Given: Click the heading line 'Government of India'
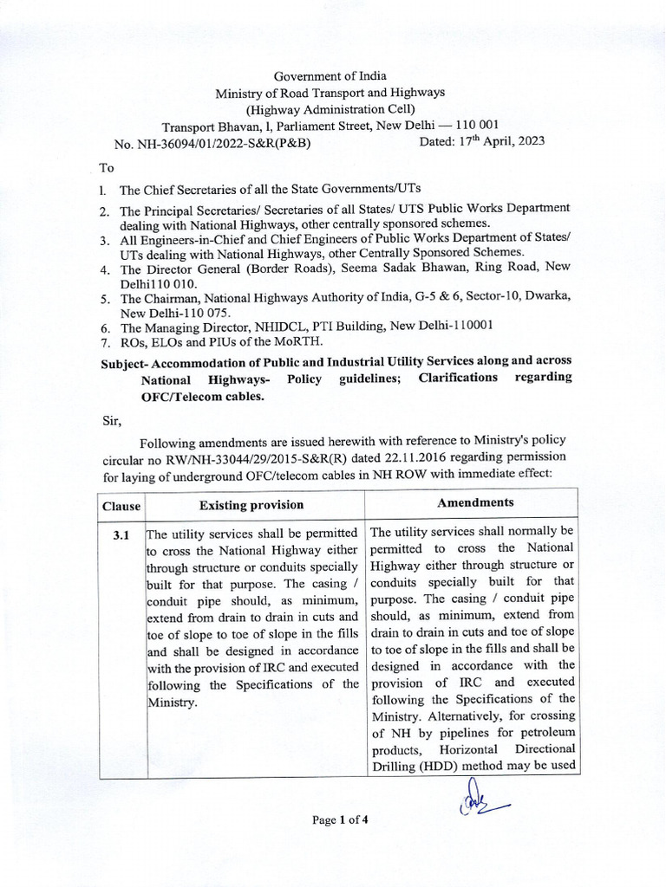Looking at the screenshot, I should pos(330,76).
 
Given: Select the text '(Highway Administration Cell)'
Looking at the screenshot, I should pos(330,108).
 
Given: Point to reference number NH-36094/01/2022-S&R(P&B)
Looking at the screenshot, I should pos(225,143).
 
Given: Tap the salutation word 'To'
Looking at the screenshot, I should pos(108,168).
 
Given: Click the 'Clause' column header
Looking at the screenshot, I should pos(121,505).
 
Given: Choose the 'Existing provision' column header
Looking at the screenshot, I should pos(251,504).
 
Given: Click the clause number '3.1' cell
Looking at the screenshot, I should pos(121,536).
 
